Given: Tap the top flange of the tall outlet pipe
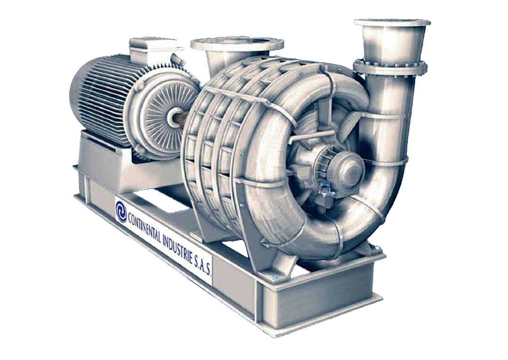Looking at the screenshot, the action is (x=392, y=24).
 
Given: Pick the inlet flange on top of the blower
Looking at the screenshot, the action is (x=237, y=44).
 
